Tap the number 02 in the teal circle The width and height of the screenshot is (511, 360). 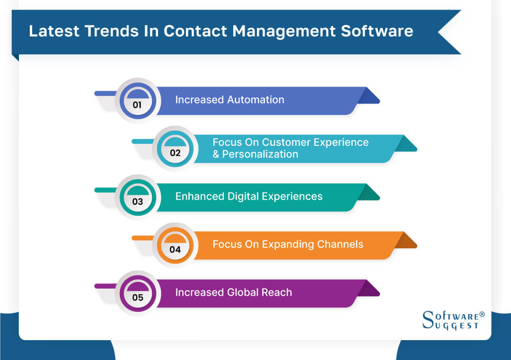pos(175,153)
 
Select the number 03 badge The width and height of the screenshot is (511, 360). pos(137,202)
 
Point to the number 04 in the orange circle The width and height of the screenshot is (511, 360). pos(175,249)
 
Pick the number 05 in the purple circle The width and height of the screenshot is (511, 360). pos(137,298)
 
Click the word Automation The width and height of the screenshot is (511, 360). pos(255,100)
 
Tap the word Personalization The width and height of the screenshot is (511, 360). pos(260,154)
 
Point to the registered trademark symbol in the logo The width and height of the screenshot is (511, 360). pos(482,314)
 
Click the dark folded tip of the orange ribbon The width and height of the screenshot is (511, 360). pos(405,241)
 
